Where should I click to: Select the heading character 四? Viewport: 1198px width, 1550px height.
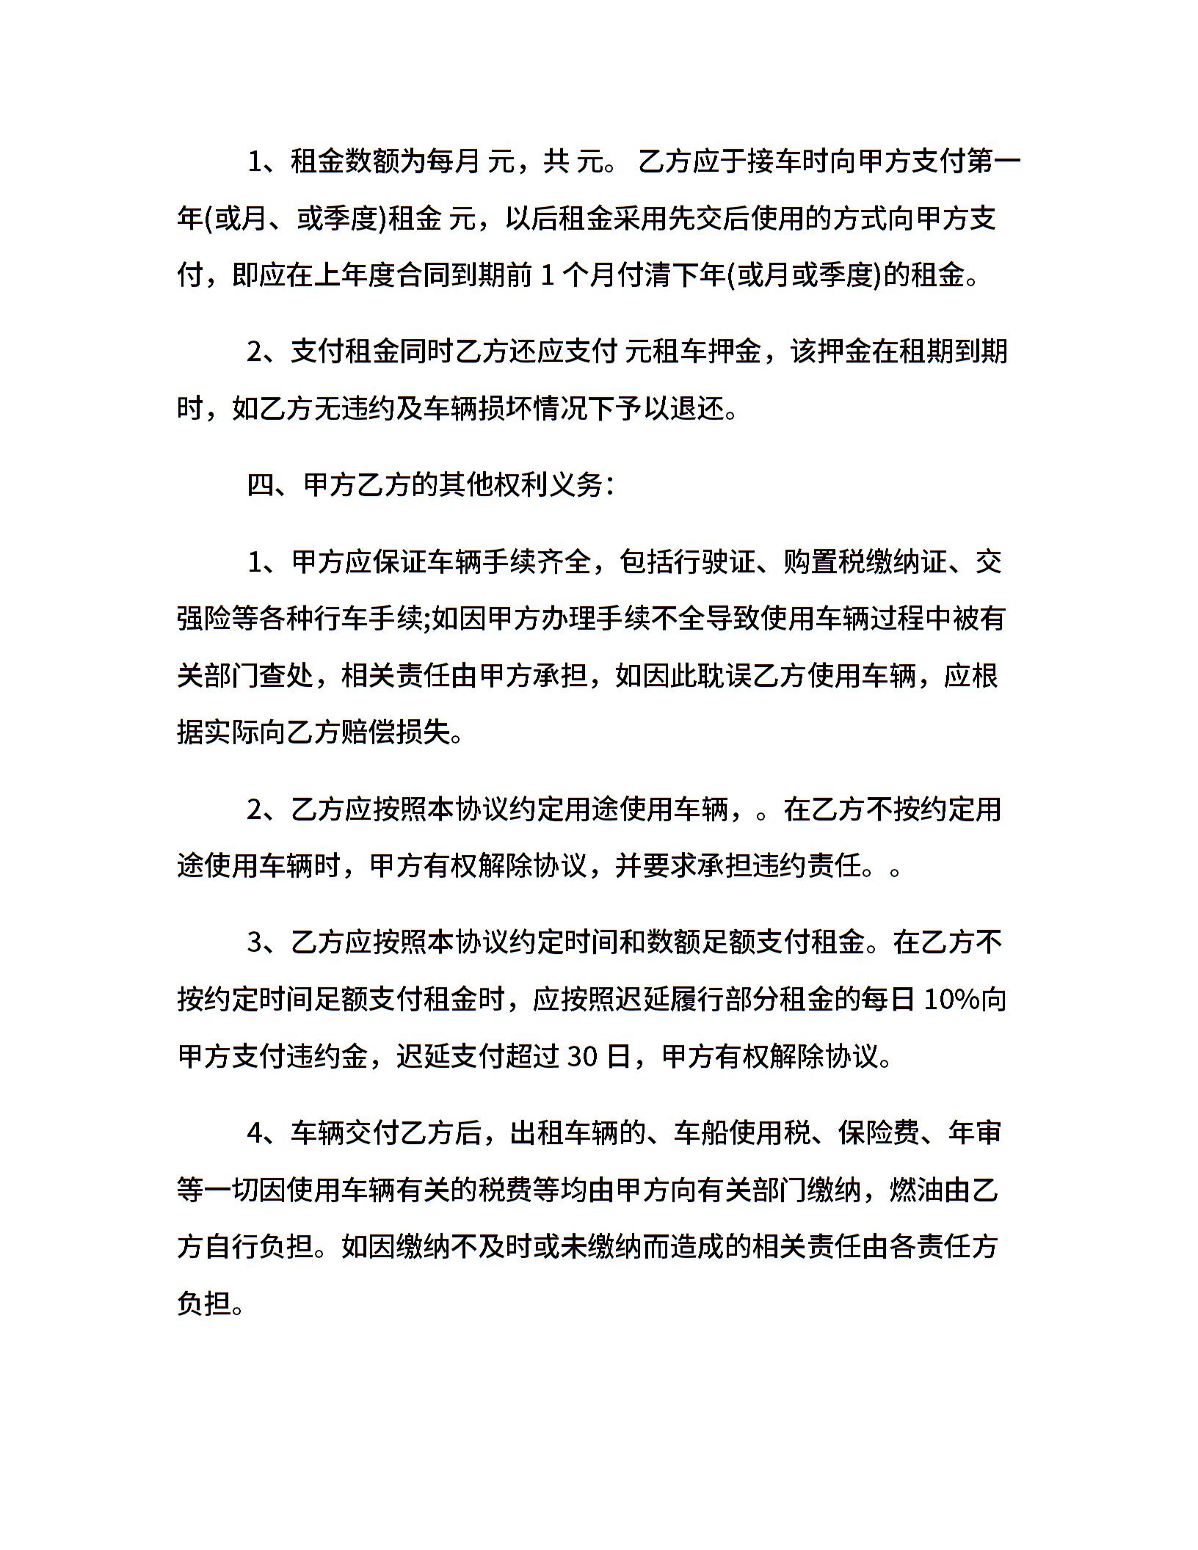point(261,484)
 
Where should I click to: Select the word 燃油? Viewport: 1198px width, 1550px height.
point(915,1190)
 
